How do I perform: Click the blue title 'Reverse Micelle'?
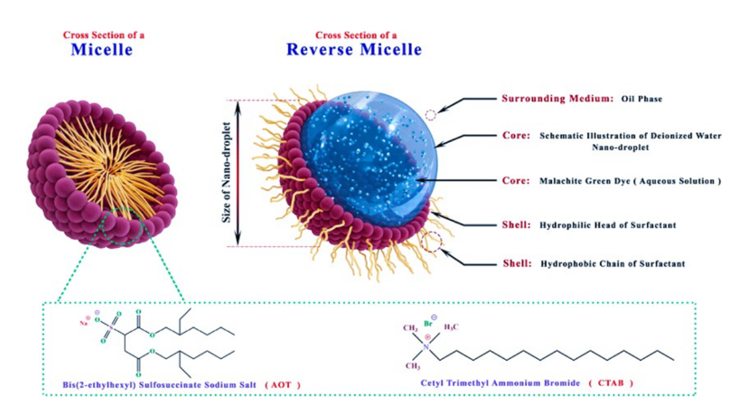(354, 49)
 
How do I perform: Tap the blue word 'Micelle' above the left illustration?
(102, 49)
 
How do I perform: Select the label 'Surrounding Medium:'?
(558, 99)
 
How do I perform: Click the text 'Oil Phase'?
(642, 99)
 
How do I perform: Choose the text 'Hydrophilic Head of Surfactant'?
(608, 225)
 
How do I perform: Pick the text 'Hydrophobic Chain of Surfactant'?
(613, 264)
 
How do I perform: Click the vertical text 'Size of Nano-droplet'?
(226, 173)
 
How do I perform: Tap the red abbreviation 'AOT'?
(281, 385)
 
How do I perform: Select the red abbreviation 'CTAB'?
(611, 383)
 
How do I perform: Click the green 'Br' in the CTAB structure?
(428, 324)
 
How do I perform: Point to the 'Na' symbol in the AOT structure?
(84, 323)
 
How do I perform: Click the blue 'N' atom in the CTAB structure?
(426, 347)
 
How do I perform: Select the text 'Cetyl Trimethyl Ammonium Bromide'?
(500, 383)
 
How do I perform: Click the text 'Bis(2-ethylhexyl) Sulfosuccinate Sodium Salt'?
(160, 385)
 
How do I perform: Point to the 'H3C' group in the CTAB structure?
(451, 327)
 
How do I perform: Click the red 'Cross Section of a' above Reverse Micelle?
(356, 35)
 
